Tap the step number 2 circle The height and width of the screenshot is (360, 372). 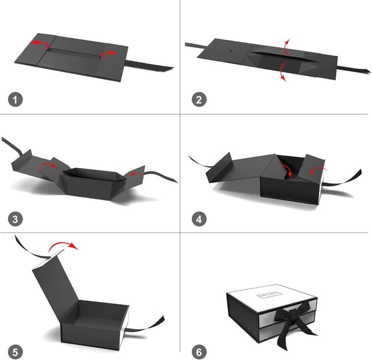point(200,99)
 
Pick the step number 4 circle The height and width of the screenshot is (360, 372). point(200,219)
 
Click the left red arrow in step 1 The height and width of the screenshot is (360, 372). point(40,45)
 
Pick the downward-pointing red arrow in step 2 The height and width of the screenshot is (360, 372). point(283,70)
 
